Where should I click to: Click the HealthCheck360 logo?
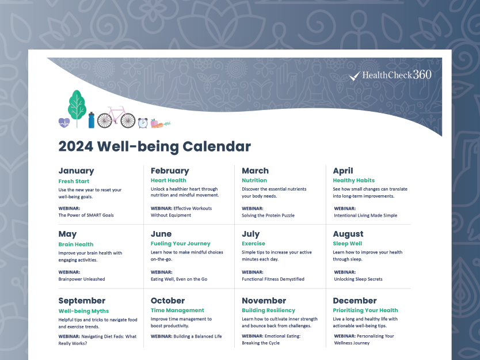pos(390,75)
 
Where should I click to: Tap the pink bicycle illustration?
pos(116,118)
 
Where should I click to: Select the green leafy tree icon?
pos(77,107)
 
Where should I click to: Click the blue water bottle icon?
pos(92,120)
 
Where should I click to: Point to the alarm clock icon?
pos(143,123)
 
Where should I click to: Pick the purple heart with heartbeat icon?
pos(64,123)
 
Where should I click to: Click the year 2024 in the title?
pos(75,146)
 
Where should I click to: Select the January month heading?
pos(76,170)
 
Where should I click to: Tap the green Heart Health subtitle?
pos(169,180)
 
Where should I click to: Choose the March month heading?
pos(256,170)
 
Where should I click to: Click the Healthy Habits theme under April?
pos(353,180)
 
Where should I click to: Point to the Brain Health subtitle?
pos(76,244)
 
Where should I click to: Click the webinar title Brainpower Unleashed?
pos(82,279)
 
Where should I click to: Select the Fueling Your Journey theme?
pos(181,244)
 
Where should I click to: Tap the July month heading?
pos(251,234)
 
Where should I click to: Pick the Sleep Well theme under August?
pos(348,244)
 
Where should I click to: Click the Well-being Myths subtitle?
pos(83,311)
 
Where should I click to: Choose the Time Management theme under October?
pos(177,310)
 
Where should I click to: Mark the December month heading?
pos(355,301)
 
